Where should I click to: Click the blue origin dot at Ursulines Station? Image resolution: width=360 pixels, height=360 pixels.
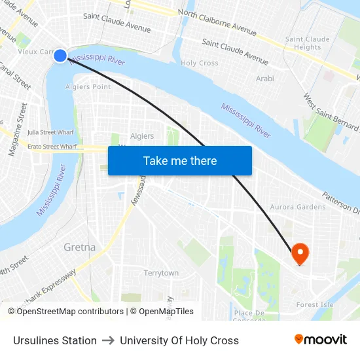[60, 56]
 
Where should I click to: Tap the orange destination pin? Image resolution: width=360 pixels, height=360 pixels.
[300, 253]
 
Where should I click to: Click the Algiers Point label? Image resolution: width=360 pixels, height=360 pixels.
[88, 86]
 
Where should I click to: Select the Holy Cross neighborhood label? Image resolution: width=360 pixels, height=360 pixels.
[200, 63]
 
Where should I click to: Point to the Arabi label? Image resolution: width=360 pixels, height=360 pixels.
[265, 79]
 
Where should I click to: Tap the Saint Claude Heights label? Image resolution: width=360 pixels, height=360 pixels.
[304, 43]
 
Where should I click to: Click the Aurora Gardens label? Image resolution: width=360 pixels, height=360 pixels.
[298, 207]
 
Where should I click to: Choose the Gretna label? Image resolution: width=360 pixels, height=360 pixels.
[79, 247]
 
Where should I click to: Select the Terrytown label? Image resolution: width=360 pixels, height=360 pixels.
[161, 273]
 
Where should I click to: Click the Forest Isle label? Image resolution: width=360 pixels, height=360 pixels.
[315, 304]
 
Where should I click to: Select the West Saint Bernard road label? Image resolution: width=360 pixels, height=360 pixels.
[331, 111]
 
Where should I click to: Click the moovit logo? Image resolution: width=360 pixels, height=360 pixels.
[320, 339]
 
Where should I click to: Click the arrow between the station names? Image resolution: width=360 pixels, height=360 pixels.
[108, 340]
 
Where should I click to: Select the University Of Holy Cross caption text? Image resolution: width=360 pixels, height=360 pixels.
[179, 340]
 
